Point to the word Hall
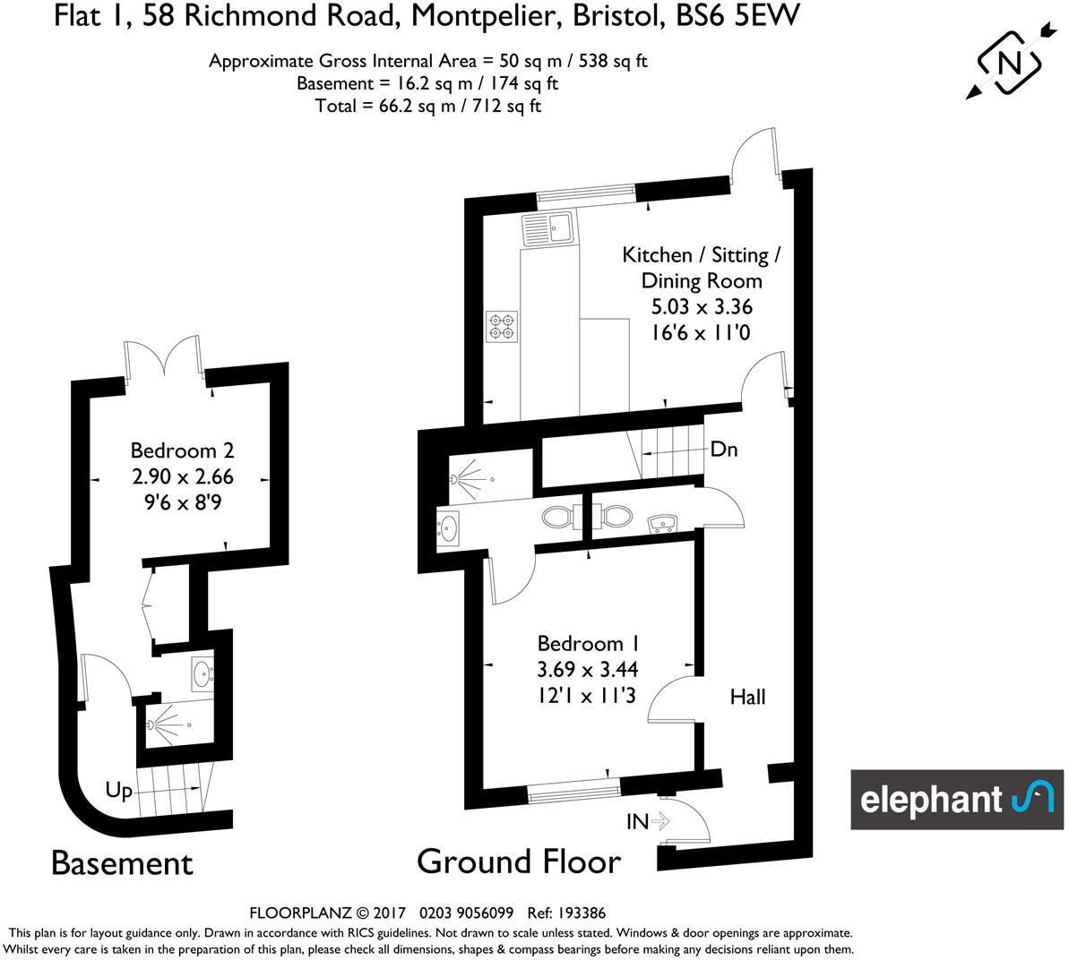tap(747, 696)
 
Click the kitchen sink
tap(548, 229)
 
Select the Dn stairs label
tap(723, 450)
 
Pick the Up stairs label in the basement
tap(119, 790)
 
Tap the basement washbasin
tap(202, 672)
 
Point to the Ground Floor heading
tap(518, 861)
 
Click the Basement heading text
tap(122, 863)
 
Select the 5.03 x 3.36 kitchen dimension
tap(702, 306)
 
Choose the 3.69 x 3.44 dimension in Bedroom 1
tap(588, 668)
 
